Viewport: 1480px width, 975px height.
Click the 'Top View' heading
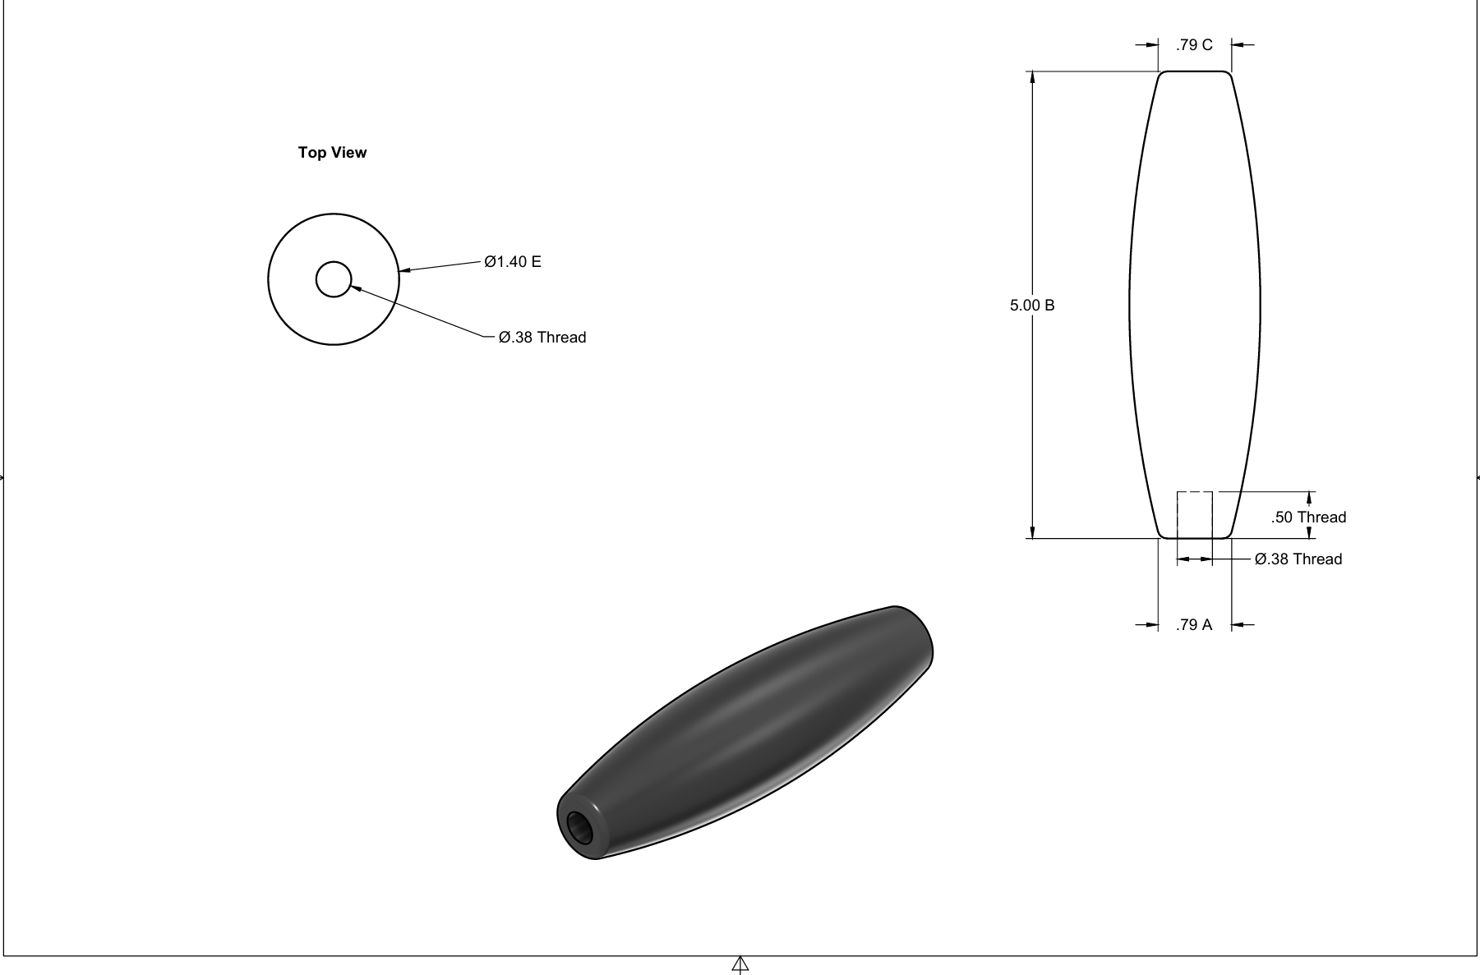coord(332,153)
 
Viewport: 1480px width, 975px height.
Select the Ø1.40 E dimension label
coord(513,262)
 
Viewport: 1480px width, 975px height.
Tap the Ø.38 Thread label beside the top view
coord(542,338)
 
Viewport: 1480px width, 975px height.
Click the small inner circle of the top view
coord(334,279)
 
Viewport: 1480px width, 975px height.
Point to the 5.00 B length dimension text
coord(1032,306)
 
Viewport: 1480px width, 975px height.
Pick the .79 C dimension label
coord(1194,45)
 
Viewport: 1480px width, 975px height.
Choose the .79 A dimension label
coord(1194,625)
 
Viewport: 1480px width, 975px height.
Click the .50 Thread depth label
coord(1308,517)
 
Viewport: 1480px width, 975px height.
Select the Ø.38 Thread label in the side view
coord(1298,559)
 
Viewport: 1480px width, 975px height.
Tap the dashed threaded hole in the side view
coord(1195,515)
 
